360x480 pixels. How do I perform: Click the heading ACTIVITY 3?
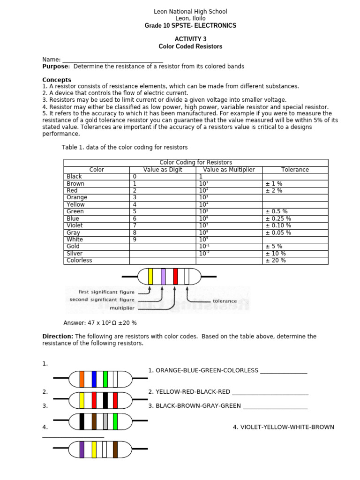190,39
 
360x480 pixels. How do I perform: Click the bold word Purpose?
56,67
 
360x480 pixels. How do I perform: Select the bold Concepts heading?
57,80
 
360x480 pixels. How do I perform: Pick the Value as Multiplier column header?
229,170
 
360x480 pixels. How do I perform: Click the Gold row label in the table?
74,246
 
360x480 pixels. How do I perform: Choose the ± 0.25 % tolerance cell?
278,218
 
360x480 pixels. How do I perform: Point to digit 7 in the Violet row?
135,225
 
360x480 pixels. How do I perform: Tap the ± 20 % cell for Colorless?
275,260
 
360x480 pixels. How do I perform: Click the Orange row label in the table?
77,197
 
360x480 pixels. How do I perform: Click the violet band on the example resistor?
163,277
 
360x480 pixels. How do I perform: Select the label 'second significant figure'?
102,300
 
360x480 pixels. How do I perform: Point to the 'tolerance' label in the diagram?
225,301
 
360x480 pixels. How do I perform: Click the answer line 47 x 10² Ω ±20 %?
100,323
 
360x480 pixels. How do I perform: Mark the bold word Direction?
58,337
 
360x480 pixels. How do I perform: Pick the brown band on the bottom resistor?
115,449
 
